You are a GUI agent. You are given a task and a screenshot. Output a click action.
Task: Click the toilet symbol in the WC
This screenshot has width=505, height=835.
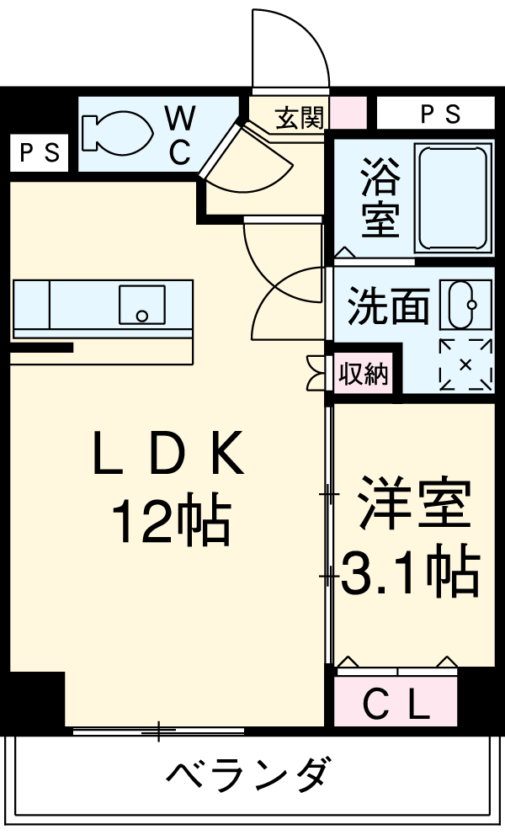click(x=118, y=132)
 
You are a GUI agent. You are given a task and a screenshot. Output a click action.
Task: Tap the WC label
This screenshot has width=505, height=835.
click(x=180, y=136)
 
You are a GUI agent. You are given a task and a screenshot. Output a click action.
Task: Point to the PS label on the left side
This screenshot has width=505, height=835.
click(x=39, y=153)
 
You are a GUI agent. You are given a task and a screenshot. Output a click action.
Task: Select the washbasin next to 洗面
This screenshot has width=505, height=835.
click(x=465, y=306)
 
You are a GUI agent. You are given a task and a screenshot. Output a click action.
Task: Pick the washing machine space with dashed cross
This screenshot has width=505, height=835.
click(x=465, y=364)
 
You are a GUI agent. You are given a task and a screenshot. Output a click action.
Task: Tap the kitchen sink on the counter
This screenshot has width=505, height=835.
click(x=141, y=305)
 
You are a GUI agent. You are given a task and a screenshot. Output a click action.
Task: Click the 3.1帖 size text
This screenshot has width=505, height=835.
click(x=410, y=573)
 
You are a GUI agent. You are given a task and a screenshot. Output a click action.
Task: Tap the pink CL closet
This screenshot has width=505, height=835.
click(x=396, y=701)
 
